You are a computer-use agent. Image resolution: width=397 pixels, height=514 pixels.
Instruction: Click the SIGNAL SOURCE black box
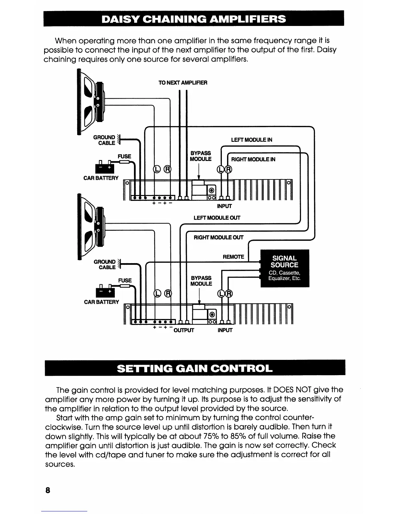(285, 268)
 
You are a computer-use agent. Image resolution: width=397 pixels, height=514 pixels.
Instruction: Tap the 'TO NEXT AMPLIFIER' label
(183, 83)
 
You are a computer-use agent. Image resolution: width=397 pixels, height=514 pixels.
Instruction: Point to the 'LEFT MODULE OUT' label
(217, 218)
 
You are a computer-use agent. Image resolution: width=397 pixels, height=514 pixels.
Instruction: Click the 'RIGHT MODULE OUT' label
(218, 238)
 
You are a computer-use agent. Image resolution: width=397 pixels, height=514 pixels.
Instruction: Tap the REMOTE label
(233, 257)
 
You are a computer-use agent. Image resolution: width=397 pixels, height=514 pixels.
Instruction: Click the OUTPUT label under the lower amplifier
(184, 330)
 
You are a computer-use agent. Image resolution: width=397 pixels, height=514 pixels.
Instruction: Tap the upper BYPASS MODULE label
(200, 156)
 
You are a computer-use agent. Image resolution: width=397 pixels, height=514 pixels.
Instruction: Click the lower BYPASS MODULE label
(201, 281)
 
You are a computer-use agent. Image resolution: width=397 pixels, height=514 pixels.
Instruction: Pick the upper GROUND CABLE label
(104, 140)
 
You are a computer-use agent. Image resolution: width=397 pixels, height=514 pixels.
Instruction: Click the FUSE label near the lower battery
(125, 280)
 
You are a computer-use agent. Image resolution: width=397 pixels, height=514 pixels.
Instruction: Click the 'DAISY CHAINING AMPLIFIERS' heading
(194, 19)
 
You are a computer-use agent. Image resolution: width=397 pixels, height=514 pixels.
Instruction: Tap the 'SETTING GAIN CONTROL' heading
(195, 369)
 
